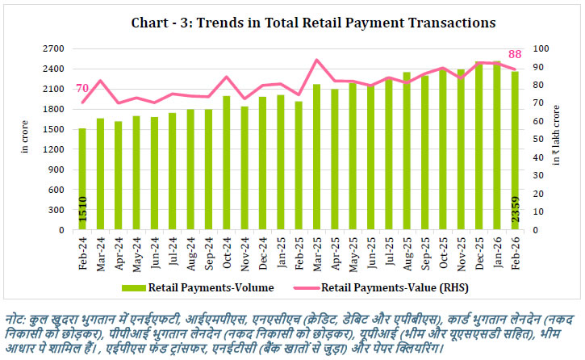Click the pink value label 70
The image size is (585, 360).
82,89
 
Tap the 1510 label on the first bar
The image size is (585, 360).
82,211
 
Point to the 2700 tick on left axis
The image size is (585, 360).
55,48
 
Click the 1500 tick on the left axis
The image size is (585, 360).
55,129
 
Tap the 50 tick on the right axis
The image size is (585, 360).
536,140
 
